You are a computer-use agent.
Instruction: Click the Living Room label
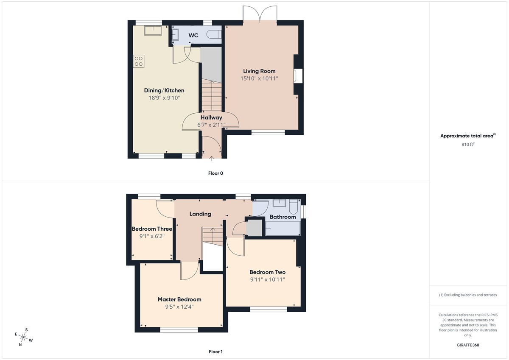[259, 71]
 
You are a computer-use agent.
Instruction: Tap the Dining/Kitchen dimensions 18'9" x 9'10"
[164, 98]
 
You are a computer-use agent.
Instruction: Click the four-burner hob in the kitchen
[139, 61]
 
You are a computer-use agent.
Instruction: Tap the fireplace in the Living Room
[299, 76]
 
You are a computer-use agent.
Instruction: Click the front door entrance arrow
[212, 159]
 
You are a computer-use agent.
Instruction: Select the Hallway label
[211, 117]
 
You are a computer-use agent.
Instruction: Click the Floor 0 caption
[215, 173]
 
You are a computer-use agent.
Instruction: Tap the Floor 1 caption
[215, 352]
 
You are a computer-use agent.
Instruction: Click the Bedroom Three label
[152, 229]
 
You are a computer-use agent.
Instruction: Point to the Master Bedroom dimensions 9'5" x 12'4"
[179, 307]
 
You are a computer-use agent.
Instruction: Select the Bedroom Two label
[267, 272]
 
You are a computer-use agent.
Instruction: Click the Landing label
[200, 214]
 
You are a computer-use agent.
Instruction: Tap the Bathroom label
[282, 217]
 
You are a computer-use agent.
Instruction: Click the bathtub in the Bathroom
[282, 229]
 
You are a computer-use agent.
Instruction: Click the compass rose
[24, 338]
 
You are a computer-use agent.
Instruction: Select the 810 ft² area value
[467, 145]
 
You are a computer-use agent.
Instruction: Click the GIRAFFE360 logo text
[467, 345]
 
